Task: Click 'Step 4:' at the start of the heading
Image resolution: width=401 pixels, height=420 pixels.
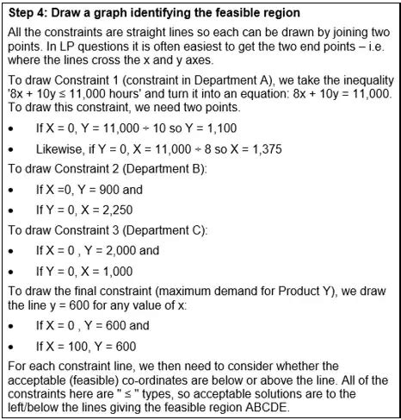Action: pyautogui.click(x=28, y=12)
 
